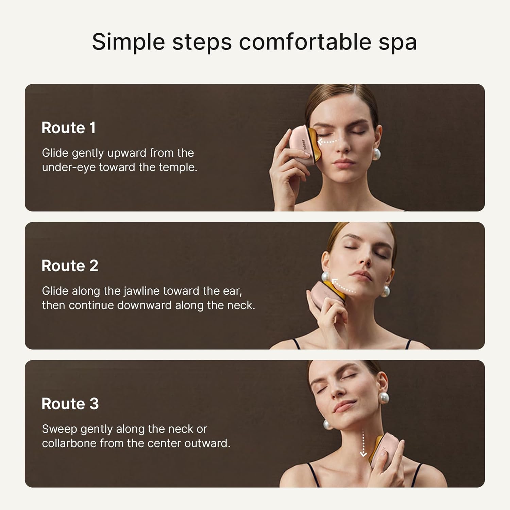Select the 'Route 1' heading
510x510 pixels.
pos(68,128)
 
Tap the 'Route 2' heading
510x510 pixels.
pos(70,266)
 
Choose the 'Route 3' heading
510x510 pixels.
pos(70,404)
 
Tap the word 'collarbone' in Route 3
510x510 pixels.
pos(69,443)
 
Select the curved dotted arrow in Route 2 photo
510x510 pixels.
pos(343,286)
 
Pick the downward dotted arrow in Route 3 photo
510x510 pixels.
pos(363,444)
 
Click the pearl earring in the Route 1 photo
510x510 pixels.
pos(376,154)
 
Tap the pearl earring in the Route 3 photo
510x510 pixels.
pos(384,397)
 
